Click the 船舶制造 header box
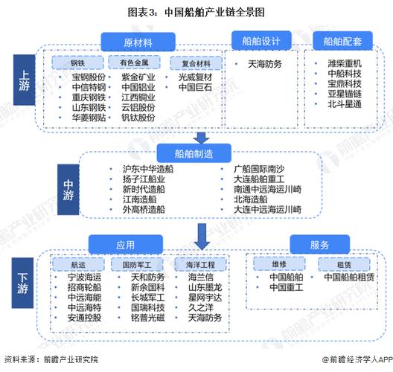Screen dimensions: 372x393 coord(194,154)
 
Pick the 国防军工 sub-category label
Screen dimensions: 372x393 coord(132,263)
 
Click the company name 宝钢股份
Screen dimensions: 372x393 coord(89,77)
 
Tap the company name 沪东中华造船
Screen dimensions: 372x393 coord(149,169)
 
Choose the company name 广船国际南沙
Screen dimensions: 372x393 coord(258,169)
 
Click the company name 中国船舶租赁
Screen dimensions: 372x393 coord(349,277)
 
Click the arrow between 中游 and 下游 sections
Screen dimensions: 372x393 coord(201,235)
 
